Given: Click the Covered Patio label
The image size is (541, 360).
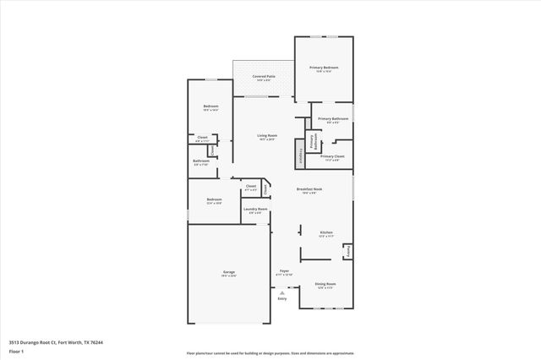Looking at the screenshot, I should pos(262,76).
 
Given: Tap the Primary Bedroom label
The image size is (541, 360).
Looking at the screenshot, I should pos(324,67).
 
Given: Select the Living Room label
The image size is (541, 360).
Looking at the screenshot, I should pos(267,135).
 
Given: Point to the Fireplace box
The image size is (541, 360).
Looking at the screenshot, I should pos(299,155).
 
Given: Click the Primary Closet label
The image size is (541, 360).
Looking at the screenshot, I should pos(332,155).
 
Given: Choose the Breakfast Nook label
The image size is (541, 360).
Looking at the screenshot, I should pos(309,188).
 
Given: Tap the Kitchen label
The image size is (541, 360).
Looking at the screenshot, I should pos(325,232).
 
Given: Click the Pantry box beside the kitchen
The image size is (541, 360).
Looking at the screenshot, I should pos(347,251).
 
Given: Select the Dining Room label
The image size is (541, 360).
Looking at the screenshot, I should pos(325,284).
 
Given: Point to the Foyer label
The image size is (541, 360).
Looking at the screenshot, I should pos(283,270).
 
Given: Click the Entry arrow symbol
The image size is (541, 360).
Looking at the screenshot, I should pos(282,292).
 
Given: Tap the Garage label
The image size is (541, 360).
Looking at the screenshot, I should pos(229,271).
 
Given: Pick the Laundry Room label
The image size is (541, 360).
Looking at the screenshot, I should pos(256,209).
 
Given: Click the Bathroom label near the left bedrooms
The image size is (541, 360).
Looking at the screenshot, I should pos(201,161).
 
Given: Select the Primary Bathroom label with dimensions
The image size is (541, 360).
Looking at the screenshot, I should pos(330,119).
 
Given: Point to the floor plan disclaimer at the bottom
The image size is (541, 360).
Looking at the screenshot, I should pos(270,353).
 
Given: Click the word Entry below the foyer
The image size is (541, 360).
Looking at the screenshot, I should pos(282,298).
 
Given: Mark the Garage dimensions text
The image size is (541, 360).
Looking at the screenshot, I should pos(229,275).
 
